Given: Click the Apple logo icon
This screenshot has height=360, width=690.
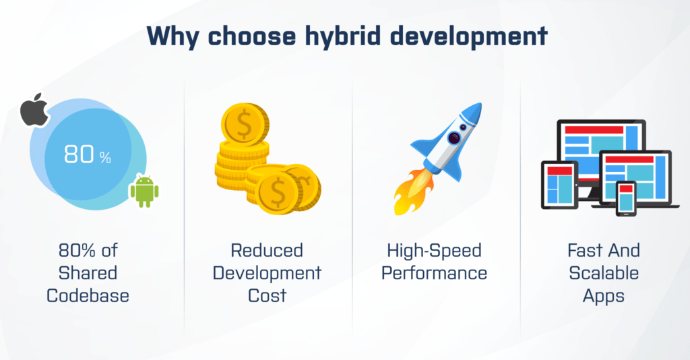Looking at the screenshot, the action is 35,110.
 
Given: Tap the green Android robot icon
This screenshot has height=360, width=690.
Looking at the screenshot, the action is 144,191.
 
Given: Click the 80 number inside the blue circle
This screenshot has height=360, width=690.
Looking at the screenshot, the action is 80,154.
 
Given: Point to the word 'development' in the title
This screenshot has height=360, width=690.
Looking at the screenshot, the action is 469,36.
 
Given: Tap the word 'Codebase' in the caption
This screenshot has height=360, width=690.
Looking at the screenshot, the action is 88,296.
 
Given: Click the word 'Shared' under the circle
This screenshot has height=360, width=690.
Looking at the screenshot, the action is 88,273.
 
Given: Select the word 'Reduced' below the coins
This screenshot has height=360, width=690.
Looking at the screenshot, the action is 267,250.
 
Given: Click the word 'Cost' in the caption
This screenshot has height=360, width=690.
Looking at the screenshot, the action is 267,296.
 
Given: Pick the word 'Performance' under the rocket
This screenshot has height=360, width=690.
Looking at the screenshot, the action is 435,273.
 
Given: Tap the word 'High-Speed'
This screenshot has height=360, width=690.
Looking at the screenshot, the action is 435,251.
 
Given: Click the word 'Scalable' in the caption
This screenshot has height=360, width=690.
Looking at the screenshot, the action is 604,273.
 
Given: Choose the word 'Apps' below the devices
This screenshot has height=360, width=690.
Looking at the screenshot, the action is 604,296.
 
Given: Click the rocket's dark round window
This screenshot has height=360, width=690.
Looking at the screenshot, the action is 453,138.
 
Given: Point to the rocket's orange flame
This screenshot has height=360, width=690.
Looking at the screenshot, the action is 412,193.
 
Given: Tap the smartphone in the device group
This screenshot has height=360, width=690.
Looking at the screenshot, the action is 626,198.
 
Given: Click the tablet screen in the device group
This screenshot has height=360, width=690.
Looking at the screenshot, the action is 559,185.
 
